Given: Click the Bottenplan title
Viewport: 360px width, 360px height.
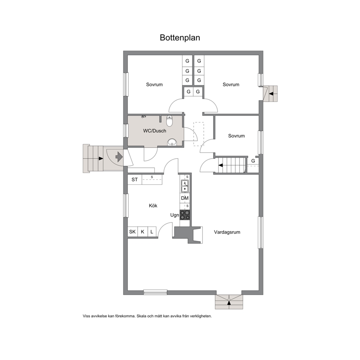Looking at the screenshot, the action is [x=180, y=38].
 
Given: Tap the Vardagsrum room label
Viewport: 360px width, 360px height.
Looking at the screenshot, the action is [x=227, y=232].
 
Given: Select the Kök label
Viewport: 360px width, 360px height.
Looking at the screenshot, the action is [x=153, y=205].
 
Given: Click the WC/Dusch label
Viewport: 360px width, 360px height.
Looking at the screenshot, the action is [x=155, y=131].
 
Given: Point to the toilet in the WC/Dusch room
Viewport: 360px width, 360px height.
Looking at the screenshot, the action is [x=169, y=121].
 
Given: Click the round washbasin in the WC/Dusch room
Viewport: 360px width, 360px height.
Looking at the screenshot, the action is [x=172, y=142].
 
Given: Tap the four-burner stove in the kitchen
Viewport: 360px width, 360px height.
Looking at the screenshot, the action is [x=185, y=215].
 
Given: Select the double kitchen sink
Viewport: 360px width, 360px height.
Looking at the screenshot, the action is [x=185, y=186].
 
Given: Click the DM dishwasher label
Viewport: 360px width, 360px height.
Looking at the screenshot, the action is [x=185, y=198].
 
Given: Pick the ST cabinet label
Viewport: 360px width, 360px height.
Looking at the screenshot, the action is [x=135, y=180].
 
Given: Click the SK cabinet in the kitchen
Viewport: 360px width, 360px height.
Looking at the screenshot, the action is [x=132, y=232].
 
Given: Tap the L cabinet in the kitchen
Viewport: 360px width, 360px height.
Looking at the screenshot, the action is [x=152, y=232].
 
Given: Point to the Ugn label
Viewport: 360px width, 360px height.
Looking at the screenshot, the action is [x=175, y=215].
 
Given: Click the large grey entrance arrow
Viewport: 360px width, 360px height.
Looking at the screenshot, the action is [x=119, y=157].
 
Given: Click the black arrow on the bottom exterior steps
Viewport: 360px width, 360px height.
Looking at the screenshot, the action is [x=229, y=303].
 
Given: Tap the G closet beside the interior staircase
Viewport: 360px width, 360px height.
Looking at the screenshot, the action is [x=253, y=161].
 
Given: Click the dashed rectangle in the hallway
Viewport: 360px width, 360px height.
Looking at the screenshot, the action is [x=199, y=134].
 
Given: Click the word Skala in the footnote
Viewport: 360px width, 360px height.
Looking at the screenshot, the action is [x=141, y=316].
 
